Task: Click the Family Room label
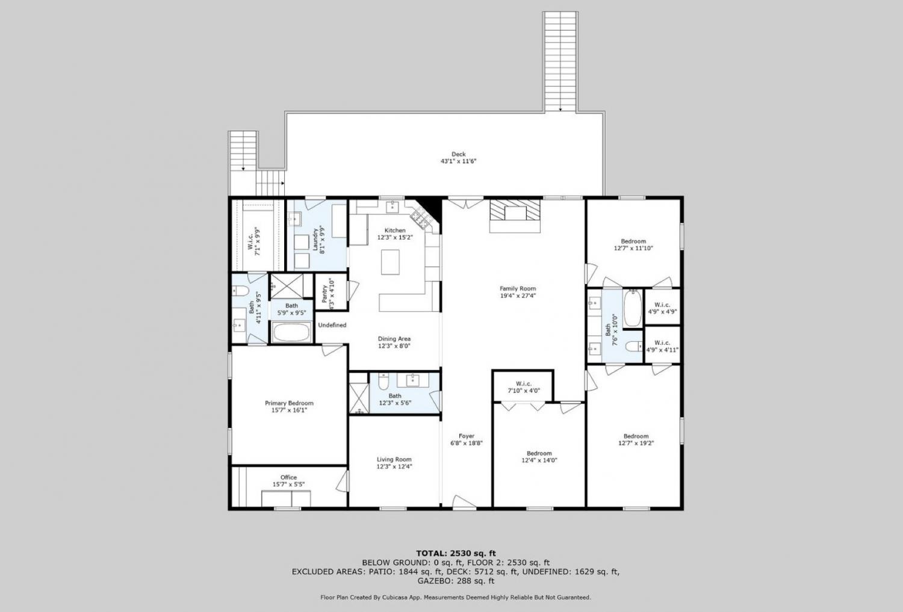[x=518, y=288]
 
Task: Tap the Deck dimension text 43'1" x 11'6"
[x=458, y=161]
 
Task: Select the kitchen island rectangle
[x=390, y=262]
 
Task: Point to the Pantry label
[x=324, y=291]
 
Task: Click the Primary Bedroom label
[x=289, y=403]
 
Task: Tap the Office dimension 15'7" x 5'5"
[x=288, y=484]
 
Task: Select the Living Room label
[x=394, y=459]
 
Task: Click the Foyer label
[x=467, y=436]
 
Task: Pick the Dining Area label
[x=394, y=339]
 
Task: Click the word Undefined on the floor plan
[x=332, y=325]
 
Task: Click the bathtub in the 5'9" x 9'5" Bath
[x=291, y=332]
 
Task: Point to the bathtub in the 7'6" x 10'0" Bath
[x=633, y=308]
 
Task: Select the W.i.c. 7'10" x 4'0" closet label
[x=524, y=383]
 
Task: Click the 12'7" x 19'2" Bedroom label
[x=636, y=436]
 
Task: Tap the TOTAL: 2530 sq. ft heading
[x=456, y=553]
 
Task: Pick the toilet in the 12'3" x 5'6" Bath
[x=383, y=382]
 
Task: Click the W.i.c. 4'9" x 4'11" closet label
[x=662, y=343]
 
